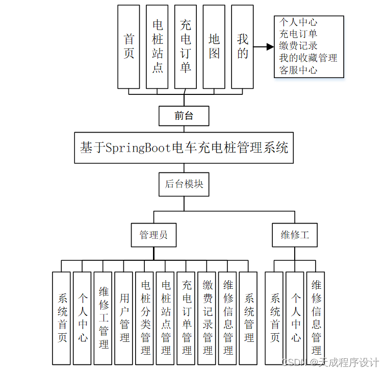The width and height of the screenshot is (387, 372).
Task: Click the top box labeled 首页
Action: (128, 46)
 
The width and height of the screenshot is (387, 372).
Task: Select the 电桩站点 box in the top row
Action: (157, 46)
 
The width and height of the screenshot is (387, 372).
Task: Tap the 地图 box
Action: (214, 46)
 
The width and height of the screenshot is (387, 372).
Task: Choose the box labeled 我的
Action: (242, 46)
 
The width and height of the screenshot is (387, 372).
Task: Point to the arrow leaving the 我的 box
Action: (264, 47)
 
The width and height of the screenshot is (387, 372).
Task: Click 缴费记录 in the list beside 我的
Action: (298, 46)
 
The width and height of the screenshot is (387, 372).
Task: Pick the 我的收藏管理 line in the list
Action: (308, 58)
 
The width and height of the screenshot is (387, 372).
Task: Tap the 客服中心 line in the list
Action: (298, 70)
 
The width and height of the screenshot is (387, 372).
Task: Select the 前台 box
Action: (184, 116)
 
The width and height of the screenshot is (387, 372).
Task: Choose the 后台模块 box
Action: (184, 184)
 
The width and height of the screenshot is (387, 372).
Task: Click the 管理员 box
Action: (153, 235)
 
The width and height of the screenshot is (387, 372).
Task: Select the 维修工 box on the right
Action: (295, 235)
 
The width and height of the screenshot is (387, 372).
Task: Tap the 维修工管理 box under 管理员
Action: (103, 318)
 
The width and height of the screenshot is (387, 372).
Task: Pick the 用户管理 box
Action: (124, 318)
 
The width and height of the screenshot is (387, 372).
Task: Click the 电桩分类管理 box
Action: (145, 318)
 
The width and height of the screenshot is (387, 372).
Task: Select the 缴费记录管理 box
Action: (207, 318)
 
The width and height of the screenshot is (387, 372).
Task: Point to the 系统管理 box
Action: (248, 318)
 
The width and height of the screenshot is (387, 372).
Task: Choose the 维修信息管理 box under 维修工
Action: (316, 318)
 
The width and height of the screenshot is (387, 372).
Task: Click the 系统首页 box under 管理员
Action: (62, 318)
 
